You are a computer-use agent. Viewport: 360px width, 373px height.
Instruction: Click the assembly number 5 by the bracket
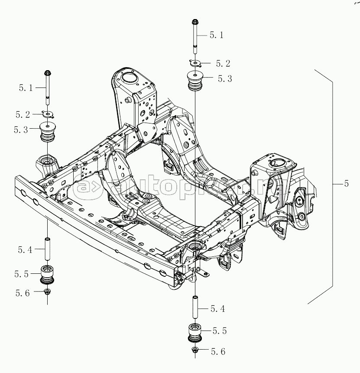(x=346, y=184)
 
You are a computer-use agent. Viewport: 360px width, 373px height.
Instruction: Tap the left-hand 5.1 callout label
(x=26, y=88)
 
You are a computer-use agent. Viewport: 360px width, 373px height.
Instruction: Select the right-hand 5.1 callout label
(x=217, y=35)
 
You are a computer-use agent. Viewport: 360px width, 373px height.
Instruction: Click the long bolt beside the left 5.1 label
(x=48, y=88)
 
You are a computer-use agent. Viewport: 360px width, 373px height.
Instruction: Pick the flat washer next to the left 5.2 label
(x=48, y=114)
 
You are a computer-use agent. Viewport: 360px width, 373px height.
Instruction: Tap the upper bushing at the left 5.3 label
(x=48, y=132)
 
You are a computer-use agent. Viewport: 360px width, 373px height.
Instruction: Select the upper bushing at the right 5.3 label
(x=195, y=81)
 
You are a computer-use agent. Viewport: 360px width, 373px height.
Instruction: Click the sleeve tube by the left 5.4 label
(x=48, y=249)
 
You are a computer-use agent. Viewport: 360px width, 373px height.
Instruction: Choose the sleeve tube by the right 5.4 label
(x=195, y=307)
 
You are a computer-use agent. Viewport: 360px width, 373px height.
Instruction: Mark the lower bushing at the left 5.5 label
(x=47, y=275)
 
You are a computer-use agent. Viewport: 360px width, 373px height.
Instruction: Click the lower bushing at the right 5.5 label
(x=195, y=333)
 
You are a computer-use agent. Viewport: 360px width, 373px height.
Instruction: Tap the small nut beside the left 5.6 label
(x=47, y=292)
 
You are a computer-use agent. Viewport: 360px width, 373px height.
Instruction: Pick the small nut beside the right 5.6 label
(x=195, y=350)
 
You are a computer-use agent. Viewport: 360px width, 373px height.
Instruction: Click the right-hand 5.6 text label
(x=218, y=352)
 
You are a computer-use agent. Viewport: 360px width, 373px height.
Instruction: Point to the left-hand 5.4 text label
(x=25, y=250)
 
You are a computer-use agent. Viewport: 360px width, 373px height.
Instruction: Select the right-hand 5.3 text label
(x=225, y=78)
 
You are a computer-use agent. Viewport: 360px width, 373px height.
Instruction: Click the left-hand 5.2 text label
(x=23, y=115)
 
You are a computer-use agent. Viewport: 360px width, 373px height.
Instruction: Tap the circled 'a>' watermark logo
(x=86, y=186)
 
